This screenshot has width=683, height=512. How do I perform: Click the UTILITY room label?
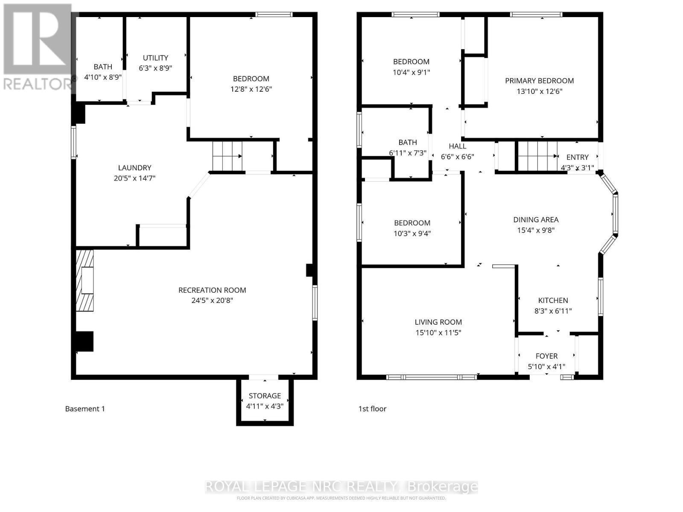coord(155,58)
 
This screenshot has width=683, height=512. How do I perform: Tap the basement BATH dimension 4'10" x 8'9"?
coord(103,78)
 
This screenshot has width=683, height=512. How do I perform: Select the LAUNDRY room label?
coord(134,168)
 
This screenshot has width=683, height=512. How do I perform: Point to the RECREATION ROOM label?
coord(212,290)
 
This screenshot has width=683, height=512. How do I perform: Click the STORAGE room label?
coord(265,396)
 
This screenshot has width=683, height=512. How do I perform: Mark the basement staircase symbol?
coord(228,156)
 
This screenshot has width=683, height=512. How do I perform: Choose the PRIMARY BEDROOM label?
coord(539,81)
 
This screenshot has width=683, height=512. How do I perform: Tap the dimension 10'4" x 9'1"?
coord(411,73)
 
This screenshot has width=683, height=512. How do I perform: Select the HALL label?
coord(457,146)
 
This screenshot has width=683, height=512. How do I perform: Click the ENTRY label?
coord(577,157)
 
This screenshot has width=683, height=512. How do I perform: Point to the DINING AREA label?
coord(536,220)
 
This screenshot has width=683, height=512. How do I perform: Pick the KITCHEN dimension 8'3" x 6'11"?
coord(553,311)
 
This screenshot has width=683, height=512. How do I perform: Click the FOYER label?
coord(546,356)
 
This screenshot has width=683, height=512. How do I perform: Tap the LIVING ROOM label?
coord(438,322)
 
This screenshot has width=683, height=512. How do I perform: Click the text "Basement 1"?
coord(85,409)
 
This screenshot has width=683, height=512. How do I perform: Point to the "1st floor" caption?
coord(372,409)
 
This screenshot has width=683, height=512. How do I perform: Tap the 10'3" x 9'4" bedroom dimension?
coord(412,234)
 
